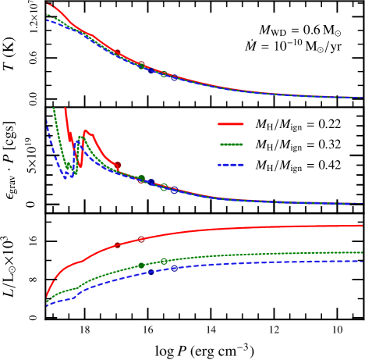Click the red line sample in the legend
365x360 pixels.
[x=230, y=123]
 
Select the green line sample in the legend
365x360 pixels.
[x=231, y=144]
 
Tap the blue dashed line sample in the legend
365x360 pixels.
[x=231, y=165]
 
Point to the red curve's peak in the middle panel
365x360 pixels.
[x=86, y=131]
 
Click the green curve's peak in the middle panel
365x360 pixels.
[x=80, y=137]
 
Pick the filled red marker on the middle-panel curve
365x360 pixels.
[x=118, y=165]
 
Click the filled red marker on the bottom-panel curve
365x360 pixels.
[x=117, y=245]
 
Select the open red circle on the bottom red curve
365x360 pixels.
[x=141, y=239]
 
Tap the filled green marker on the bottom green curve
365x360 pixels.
[x=141, y=266]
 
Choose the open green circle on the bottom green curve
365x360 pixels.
[x=164, y=261]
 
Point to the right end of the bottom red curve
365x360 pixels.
[x=362, y=226]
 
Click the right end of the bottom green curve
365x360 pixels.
[x=362, y=252]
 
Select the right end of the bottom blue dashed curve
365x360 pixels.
[x=362, y=261]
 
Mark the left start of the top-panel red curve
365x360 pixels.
[x=48, y=4]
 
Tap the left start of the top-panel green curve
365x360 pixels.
[x=48, y=14]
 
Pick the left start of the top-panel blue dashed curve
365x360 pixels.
[x=48, y=20]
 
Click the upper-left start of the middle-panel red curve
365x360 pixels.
[x=65, y=109]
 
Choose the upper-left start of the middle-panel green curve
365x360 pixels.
[x=53, y=109]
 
